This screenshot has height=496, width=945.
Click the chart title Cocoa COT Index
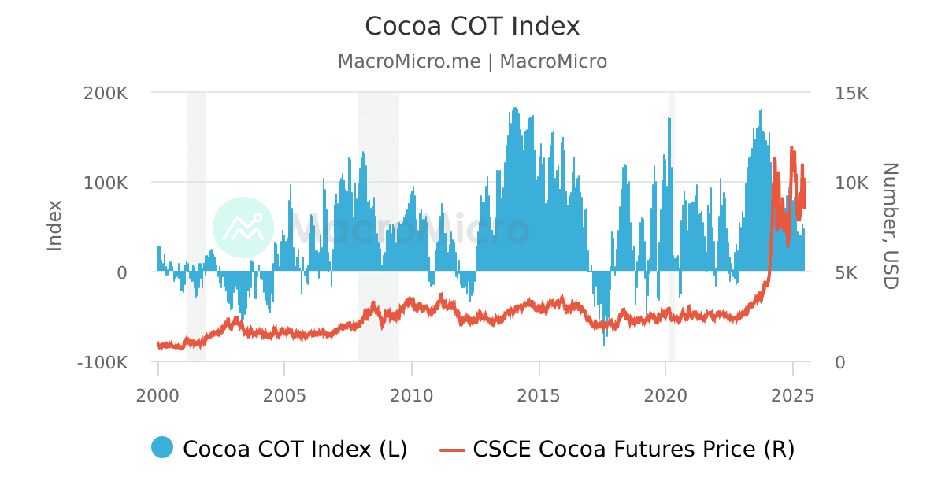pyautogui.click(x=472, y=27)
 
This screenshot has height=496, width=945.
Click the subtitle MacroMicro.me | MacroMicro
pyautogui.click(x=472, y=61)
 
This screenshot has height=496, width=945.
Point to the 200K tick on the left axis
pyautogui.click(x=106, y=93)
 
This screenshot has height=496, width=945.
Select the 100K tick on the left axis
pyautogui.click(x=106, y=183)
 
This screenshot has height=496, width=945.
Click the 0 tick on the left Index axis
pyautogui.click(x=121, y=272)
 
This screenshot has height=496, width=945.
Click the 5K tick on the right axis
pyautogui.click(x=847, y=272)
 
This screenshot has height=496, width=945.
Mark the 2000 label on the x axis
pyautogui.click(x=158, y=394)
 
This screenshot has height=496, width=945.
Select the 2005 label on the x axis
pyautogui.click(x=284, y=394)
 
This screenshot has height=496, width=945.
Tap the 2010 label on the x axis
pyautogui.click(x=412, y=394)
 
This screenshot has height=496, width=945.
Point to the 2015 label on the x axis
pyautogui.click(x=539, y=394)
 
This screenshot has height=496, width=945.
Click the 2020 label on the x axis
pyautogui.click(x=666, y=394)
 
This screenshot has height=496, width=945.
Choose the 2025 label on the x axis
pyautogui.click(x=792, y=394)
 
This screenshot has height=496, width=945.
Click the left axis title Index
pyautogui.click(x=54, y=226)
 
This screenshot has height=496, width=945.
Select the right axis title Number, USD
pyautogui.click(x=889, y=226)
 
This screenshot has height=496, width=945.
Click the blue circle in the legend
pyautogui.click(x=162, y=447)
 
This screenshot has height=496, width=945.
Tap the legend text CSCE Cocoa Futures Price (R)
pyautogui.click(x=633, y=449)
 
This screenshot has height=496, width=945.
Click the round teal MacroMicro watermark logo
pyautogui.click(x=243, y=228)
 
